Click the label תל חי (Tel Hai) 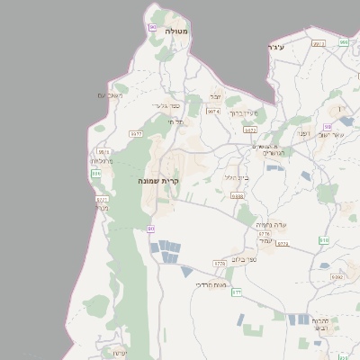pyautogui.click(x=176, y=121)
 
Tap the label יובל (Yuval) pyautogui.click(x=216, y=96)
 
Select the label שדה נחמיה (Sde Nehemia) pyautogui.click(x=270, y=224)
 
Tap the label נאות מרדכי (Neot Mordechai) pyautogui.click(x=211, y=284)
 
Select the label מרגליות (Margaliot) pyautogui.click(x=103, y=162)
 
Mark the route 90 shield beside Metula pyautogui.click(x=152, y=28)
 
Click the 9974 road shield pyautogui.click(x=212, y=112)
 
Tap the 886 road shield pyautogui.click(x=96, y=173)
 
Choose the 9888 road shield pyautogui.click(x=238, y=195)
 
